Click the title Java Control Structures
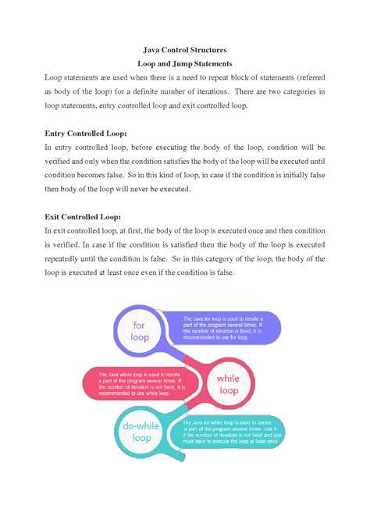click(x=185, y=48)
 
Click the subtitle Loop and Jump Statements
click(x=185, y=63)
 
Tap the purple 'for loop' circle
click(x=140, y=332)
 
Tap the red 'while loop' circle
click(x=228, y=383)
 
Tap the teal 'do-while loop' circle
click(x=141, y=432)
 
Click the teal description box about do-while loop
click(x=235, y=432)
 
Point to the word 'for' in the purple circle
click(x=140, y=326)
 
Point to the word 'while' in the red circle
click(x=228, y=378)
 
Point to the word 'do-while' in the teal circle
click(x=141, y=426)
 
